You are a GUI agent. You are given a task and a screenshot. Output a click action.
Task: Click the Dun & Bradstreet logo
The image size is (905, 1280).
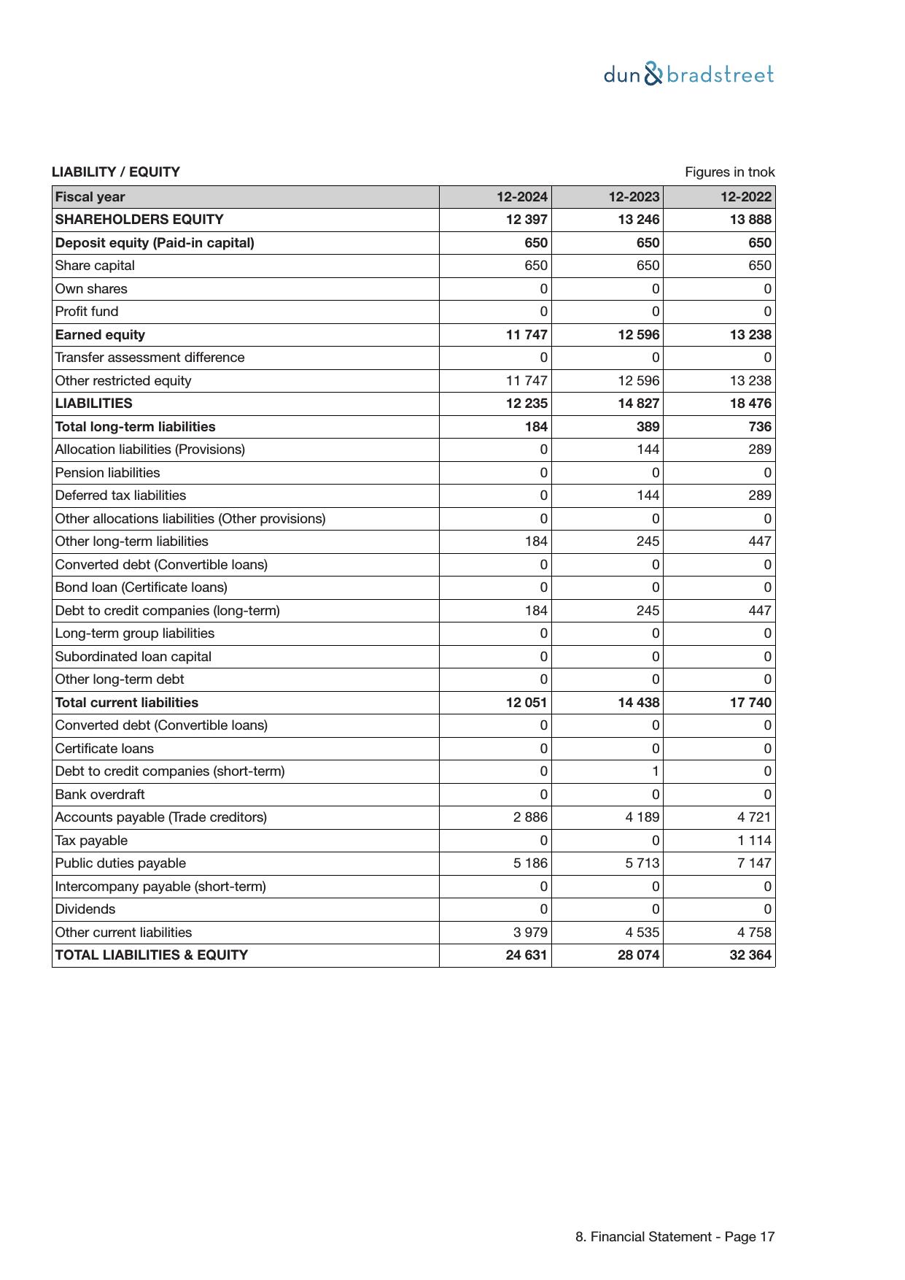coord(688,74)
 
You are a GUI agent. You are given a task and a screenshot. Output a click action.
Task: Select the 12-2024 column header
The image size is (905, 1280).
coord(522,197)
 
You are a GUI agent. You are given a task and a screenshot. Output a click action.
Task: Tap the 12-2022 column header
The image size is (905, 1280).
coord(746,197)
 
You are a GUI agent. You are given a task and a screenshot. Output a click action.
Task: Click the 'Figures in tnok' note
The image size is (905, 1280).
coord(729,172)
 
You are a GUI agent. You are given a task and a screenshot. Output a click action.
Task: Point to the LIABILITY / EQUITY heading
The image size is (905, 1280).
coord(116,172)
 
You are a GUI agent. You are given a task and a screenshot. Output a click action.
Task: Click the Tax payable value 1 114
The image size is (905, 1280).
coord(753,841)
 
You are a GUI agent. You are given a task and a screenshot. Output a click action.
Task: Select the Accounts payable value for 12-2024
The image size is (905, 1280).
coord(530,817)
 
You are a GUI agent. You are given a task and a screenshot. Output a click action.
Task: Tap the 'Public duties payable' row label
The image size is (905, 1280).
coord(120,863)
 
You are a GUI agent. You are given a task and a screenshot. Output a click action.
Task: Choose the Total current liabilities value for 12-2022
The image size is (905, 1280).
coord(750,703)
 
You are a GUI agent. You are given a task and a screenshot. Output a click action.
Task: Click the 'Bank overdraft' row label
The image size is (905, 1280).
coord(100,795)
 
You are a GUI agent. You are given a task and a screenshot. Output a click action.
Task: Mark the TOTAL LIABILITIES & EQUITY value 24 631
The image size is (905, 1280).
coord(527,955)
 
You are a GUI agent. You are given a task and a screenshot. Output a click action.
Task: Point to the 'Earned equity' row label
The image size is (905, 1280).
coord(100,335)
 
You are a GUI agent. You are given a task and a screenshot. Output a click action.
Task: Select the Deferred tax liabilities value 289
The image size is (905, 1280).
coord(759,496)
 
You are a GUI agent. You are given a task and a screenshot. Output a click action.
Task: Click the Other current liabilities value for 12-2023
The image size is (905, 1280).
coord(642,933)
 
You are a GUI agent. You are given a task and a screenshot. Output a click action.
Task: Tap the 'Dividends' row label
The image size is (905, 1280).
coord(85,909)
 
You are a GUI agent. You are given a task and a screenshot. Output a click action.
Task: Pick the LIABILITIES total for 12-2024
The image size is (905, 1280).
coord(527,404)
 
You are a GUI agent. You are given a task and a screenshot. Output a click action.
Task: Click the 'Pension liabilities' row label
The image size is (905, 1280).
coord(107,473)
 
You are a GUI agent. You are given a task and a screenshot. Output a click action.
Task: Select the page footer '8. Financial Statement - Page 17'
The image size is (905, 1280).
coord(675,1237)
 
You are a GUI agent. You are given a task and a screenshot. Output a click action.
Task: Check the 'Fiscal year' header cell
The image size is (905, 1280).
coord(90,197)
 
